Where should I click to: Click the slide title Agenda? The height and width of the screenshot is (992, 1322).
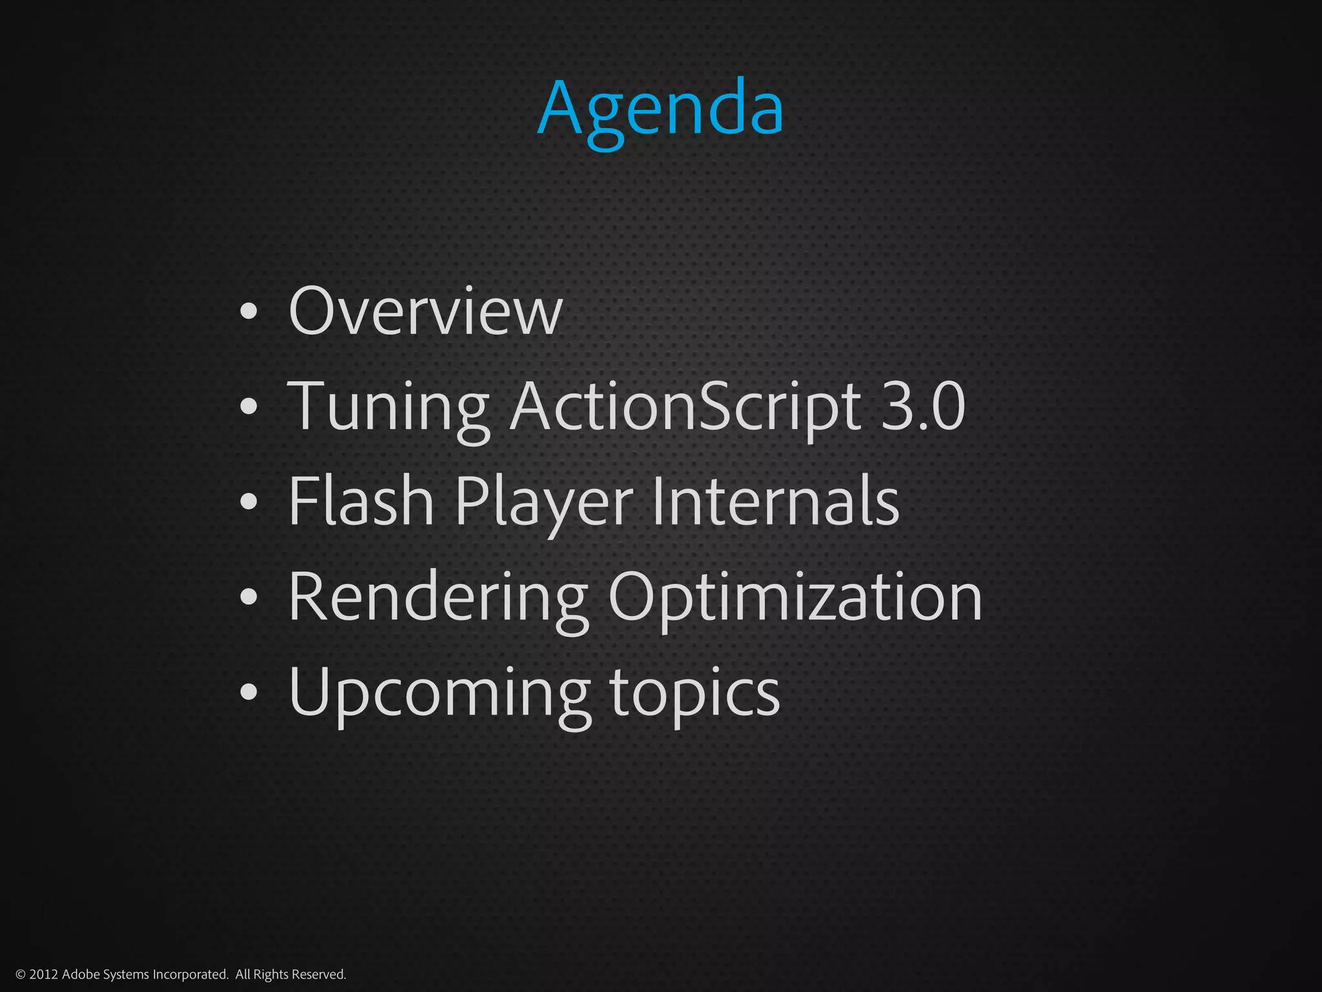(660, 108)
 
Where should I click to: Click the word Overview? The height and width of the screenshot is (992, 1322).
(425, 311)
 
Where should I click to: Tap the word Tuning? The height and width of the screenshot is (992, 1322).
(387, 407)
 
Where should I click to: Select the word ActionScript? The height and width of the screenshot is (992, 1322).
(685, 407)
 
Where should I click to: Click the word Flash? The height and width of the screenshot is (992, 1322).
(360, 502)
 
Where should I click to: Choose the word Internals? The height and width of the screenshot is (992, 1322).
(775, 502)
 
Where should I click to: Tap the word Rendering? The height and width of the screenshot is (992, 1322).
(438, 598)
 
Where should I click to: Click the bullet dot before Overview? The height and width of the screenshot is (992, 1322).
(249, 313)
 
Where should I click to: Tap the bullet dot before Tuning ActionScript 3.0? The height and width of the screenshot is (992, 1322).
(249, 408)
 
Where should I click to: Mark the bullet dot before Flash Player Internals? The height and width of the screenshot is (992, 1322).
(249, 503)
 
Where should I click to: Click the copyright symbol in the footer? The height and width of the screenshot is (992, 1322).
(20, 975)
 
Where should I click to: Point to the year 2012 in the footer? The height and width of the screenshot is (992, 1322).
(44, 975)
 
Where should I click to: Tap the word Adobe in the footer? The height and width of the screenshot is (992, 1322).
(80, 975)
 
